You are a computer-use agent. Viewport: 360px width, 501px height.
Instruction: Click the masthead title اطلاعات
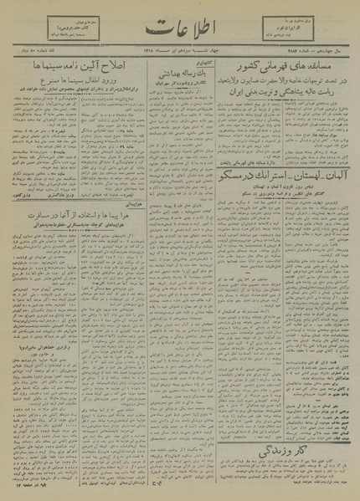pyautogui.click(x=179, y=25)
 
